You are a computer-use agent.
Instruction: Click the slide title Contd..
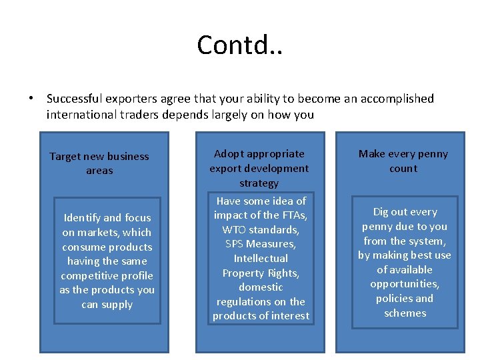point(239,45)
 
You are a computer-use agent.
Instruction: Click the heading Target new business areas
point(99,163)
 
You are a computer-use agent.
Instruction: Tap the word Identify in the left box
point(82,217)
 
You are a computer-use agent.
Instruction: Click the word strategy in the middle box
point(259,183)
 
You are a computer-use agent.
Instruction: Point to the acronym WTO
point(235,229)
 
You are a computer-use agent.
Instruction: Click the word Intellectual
point(261,258)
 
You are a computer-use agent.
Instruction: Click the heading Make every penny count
point(403,161)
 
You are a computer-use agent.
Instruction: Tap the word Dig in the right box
point(381,211)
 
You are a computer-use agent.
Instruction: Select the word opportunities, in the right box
point(405,284)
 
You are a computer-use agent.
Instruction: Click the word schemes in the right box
point(405,313)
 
